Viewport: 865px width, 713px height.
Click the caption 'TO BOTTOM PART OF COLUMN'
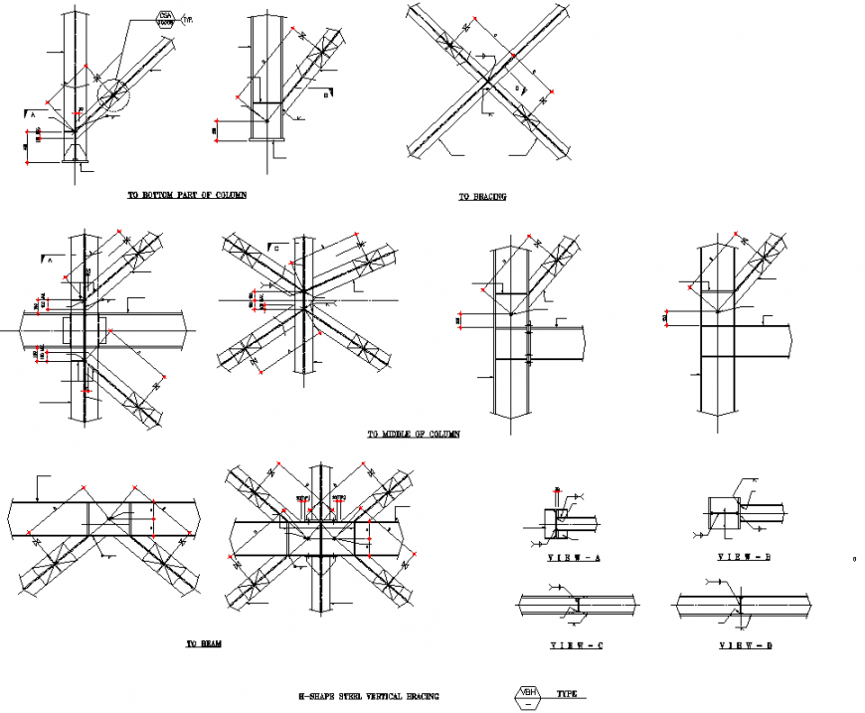tap(187, 196)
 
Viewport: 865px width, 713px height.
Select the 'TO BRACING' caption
tap(482, 197)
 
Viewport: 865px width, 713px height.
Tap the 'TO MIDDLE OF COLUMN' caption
tap(414, 435)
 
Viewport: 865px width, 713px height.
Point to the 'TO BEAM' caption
tap(204, 644)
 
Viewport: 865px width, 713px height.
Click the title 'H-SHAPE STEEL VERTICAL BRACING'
tap(369, 697)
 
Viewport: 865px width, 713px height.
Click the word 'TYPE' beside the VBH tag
tap(567, 693)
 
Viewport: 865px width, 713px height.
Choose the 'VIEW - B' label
tap(745, 557)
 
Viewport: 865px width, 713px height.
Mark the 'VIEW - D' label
tap(745, 646)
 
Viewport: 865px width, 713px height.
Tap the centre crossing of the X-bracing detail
tap(487, 79)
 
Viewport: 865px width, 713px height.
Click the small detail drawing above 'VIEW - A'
tap(562, 518)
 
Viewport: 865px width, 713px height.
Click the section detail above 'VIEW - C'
tap(577, 603)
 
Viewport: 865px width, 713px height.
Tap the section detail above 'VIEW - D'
tap(744, 603)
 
